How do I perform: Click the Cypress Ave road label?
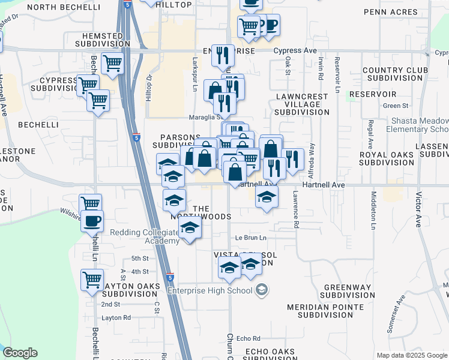point(295,51)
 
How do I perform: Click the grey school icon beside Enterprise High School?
point(262,290)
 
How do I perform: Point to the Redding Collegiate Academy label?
point(144,236)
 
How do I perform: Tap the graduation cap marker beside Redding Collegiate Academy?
point(190,229)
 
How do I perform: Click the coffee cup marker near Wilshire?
point(92,221)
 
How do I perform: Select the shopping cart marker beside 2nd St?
point(92,279)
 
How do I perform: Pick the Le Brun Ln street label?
point(250,238)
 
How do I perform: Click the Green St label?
point(396,106)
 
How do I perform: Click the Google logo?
point(20,353)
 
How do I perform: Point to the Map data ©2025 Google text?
point(411,355)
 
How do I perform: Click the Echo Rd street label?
point(249,338)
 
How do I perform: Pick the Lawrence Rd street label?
point(296,209)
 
